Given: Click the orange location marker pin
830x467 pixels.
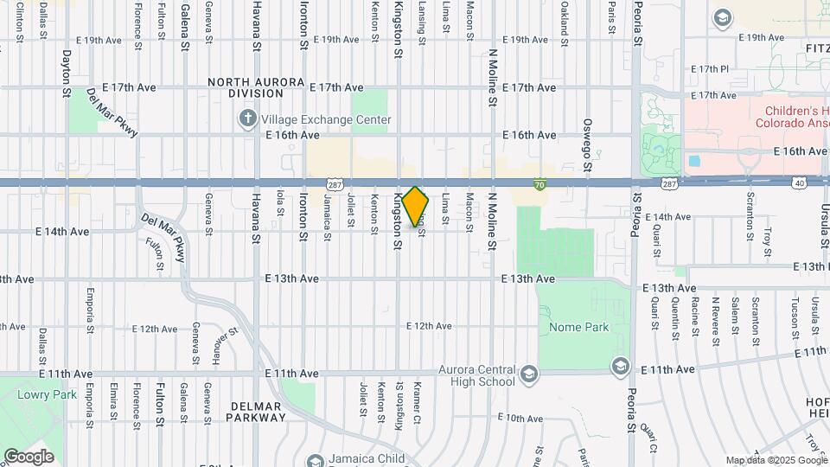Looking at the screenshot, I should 415,208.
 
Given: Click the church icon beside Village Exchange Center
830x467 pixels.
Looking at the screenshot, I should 248,118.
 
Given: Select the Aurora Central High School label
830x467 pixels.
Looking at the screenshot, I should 476,375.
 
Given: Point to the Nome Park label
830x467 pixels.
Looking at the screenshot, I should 579,327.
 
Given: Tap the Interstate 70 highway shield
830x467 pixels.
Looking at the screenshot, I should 539,184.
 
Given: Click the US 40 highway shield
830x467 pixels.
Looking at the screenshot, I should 798,183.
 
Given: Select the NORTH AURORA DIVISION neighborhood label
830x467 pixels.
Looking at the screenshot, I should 257,87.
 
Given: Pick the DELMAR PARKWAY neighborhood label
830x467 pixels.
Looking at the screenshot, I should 255,412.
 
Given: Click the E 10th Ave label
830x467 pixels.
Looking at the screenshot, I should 521,418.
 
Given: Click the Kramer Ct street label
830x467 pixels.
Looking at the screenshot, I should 418,402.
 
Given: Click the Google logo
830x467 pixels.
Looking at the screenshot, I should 29,456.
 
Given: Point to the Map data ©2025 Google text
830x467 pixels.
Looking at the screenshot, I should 776,460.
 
